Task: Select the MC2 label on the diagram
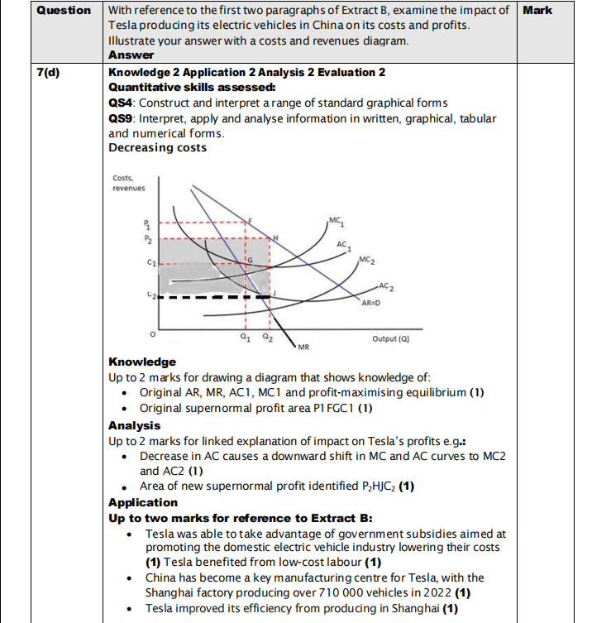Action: pyautogui.click(x=369, y=261)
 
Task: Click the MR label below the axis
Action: pyautogui.click(x=303, y=346)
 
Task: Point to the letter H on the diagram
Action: pyautogui.click(x=276, y=237)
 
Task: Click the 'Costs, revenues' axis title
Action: pyautogui.click(x=128, y=183)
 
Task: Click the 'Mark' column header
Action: pyautogui.click(x=538, y=11)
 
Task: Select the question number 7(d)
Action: pyautogui.click(x=51, y=72)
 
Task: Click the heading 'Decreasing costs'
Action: pyautogui.click(x=157, y=147)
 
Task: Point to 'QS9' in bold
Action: pyautogui.click(x=122, y=117)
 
